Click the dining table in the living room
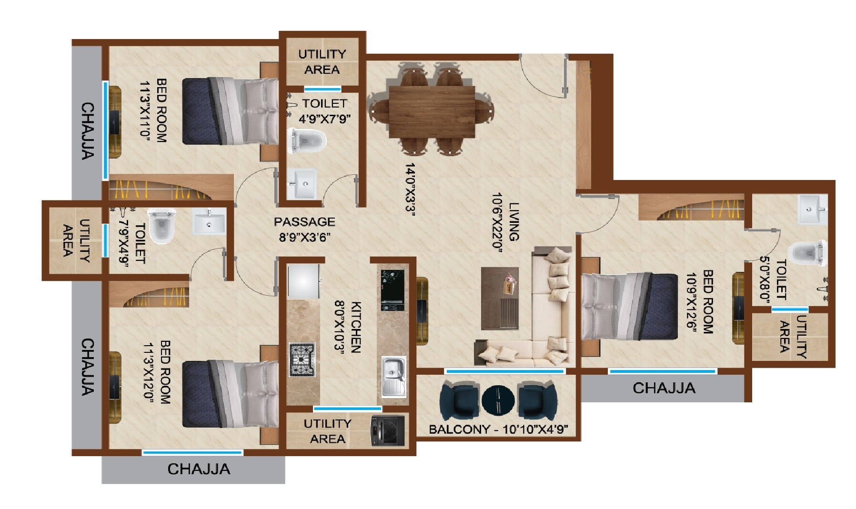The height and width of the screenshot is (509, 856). pyautogui.click(x=432, y=111)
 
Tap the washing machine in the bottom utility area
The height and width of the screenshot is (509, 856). pyautogui.click(x=387, y=431)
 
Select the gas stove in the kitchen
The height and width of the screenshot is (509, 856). pyautogui.click(x=302, y=360)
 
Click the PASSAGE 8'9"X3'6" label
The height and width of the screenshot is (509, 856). pyautogui.click(x=304, y=229)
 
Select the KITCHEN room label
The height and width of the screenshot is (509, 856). pyautogui.click(x=355, y=327)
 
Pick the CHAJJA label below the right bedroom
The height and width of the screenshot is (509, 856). pyautogui.click(x=664, y=388)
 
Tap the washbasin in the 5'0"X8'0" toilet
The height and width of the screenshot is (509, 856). pyautogui.click(x=813, y=210)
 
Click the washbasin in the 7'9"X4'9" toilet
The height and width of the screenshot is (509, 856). pyautogui.click(x=209, y=222)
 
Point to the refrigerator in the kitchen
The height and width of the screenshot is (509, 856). pyautogui.click(x=303, y=281)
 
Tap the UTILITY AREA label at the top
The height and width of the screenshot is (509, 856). pyautogui.click(x=322, y=61)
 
